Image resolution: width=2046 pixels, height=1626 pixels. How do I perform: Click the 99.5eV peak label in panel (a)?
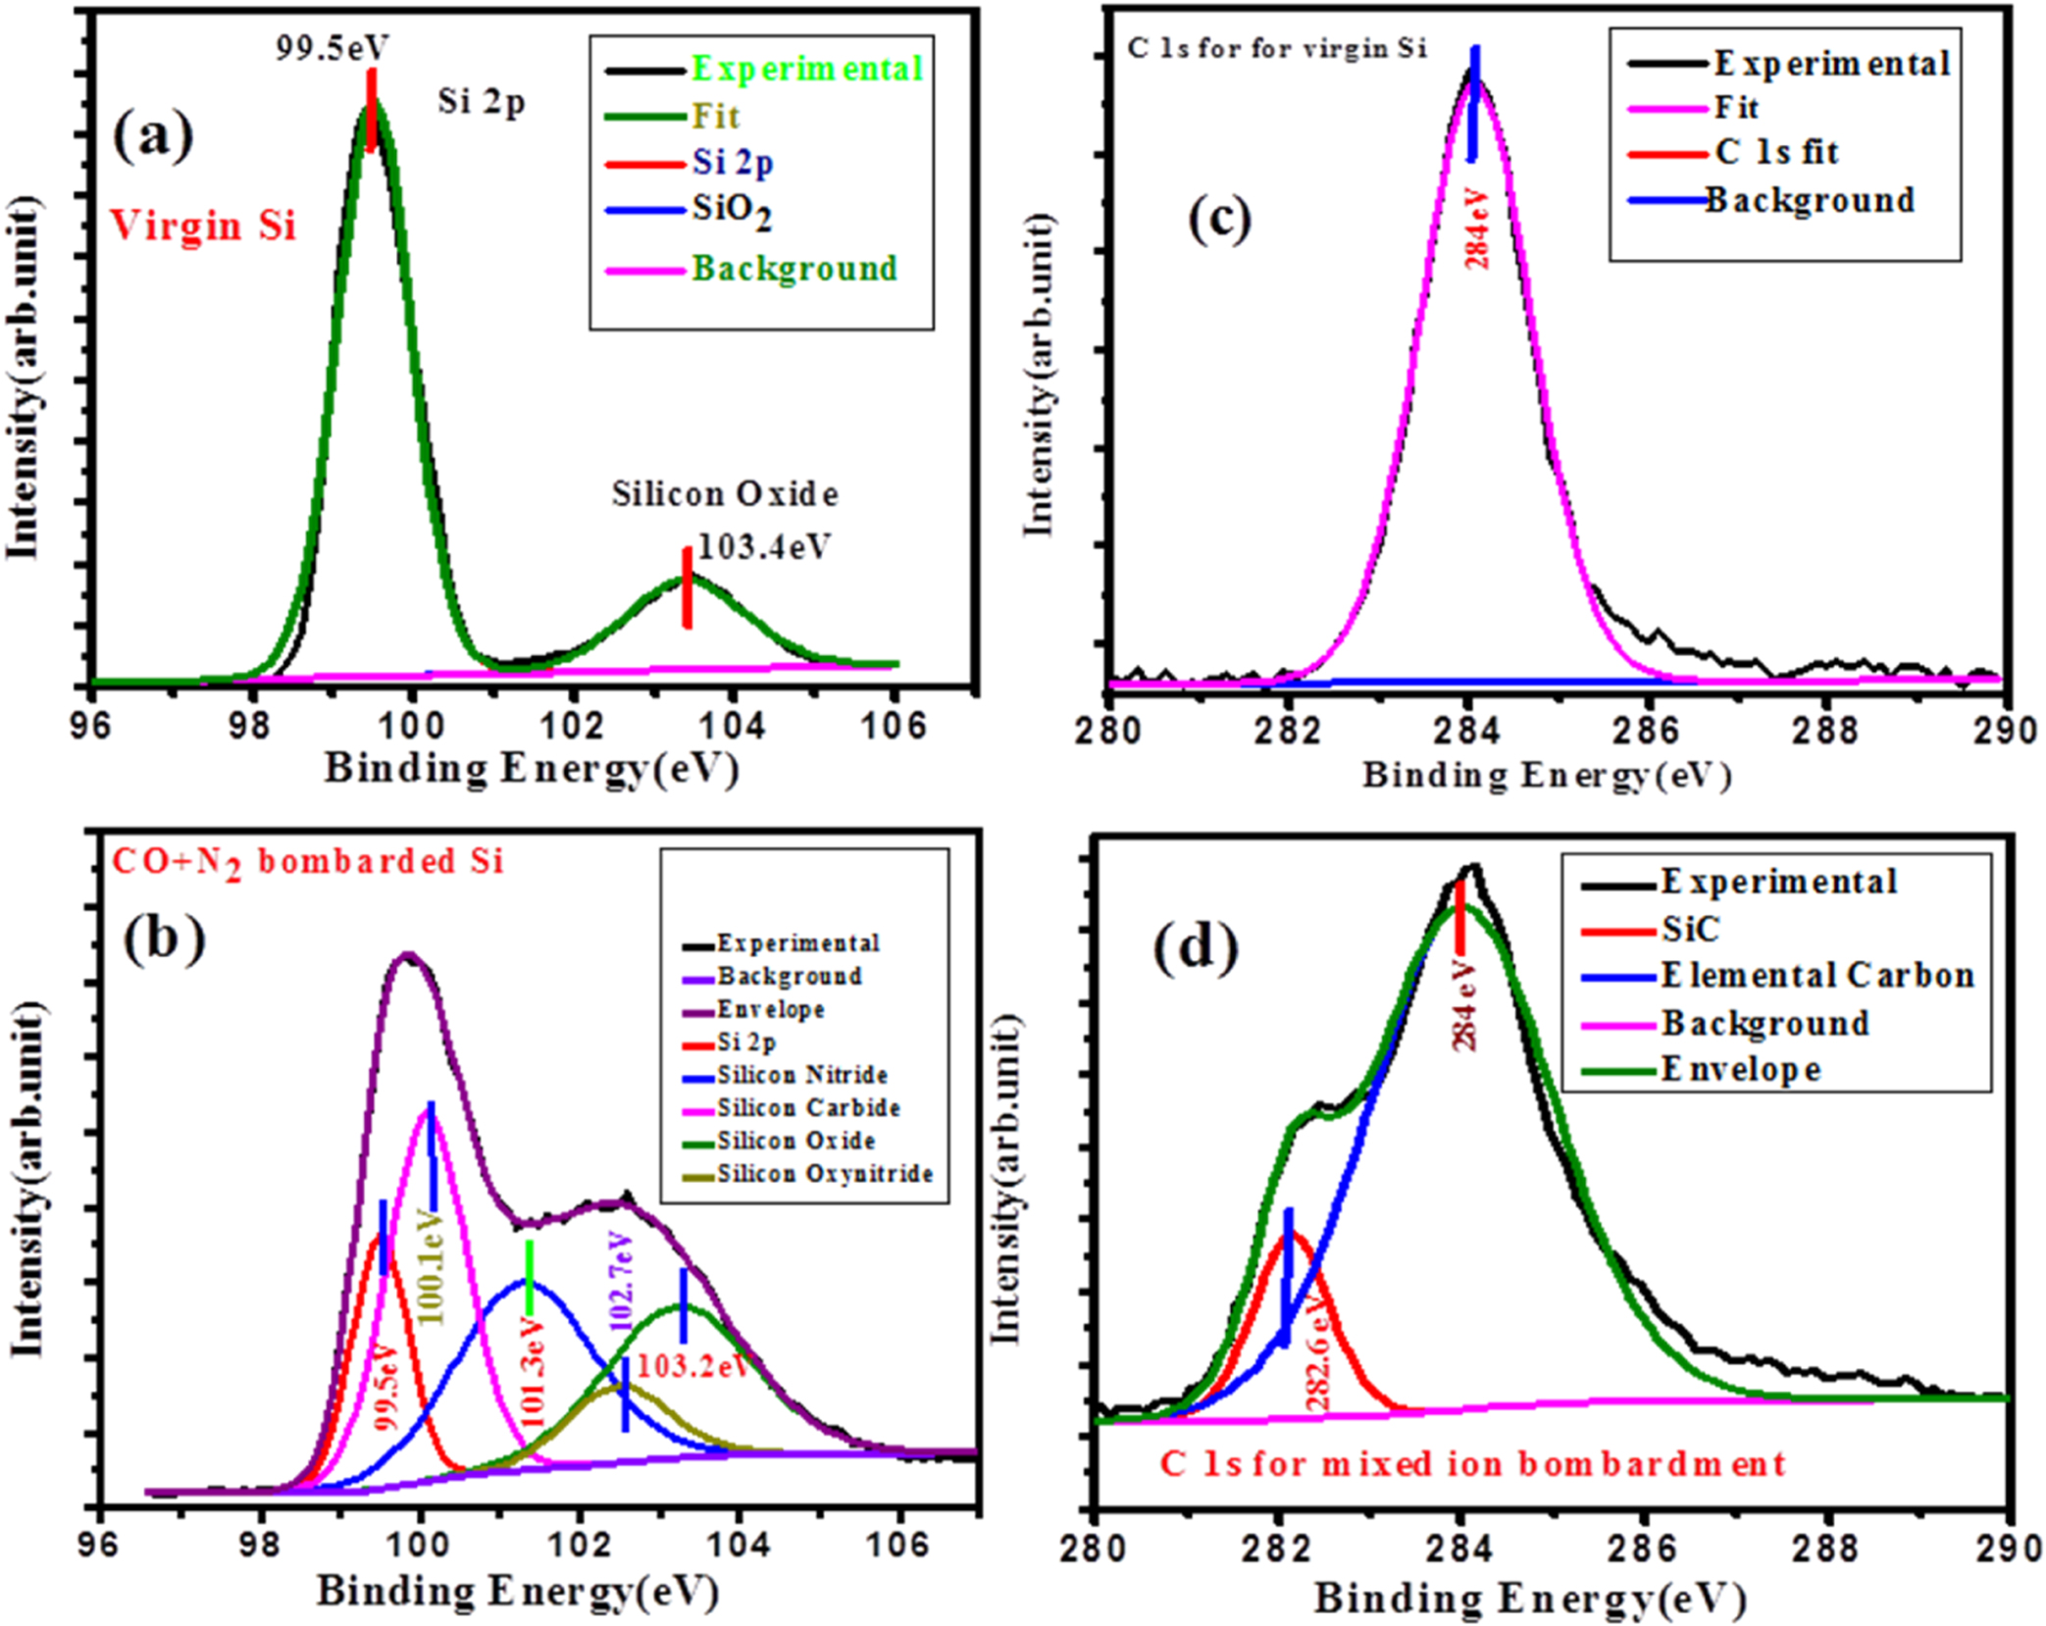click(x=332, y=46)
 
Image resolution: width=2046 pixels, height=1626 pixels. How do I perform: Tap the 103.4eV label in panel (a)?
click(x=763, y=546)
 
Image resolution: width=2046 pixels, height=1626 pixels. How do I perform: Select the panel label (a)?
click(x=153, y=134)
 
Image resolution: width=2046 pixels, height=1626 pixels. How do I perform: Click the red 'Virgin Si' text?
click(x=202, y=226)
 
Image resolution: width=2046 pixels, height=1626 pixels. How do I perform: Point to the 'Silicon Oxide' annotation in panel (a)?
click(x=725, y=493)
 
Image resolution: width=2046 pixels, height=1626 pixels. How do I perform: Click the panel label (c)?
click(x=1219, y=218)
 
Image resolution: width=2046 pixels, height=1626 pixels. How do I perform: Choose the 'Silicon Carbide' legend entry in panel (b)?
click(x=808, y=1107)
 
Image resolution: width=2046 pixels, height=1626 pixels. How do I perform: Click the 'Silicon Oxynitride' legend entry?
click(x=824, y=1174)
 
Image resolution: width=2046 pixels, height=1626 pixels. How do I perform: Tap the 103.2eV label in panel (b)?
click(x=692, y=1366)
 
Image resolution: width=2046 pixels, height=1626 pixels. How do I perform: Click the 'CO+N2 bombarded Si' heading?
click(x=307, y=862)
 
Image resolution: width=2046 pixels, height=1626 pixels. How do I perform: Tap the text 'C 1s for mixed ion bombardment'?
click(x=1472, y=1464)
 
